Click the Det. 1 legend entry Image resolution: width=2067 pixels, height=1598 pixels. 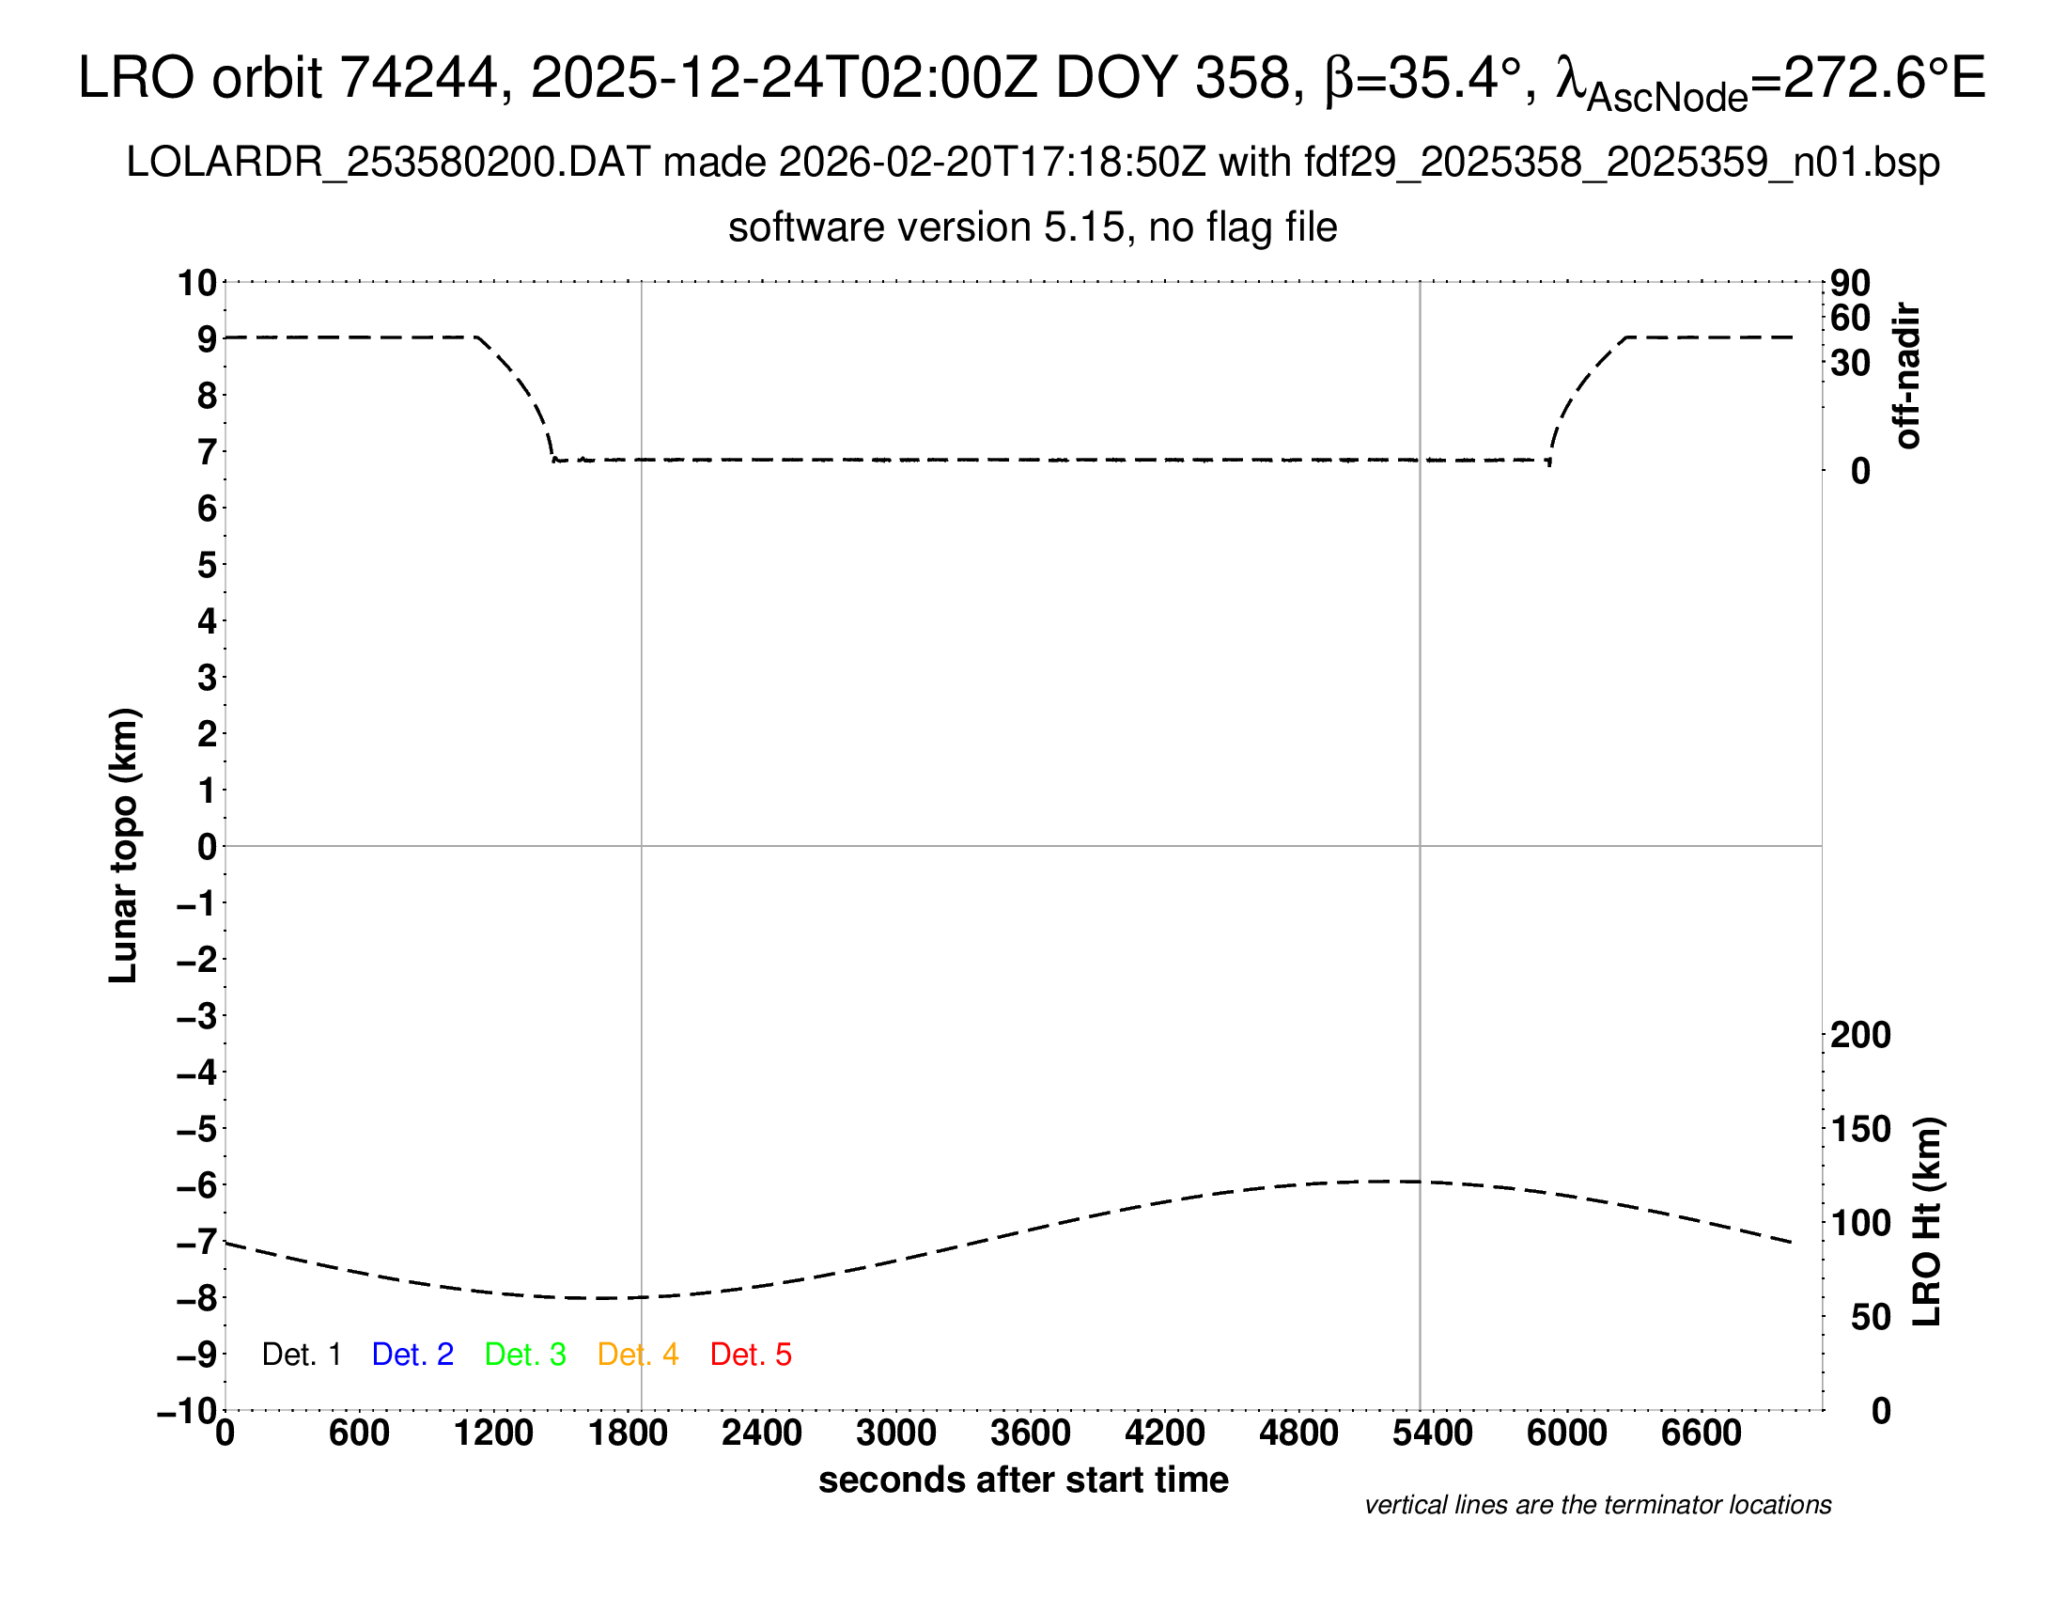301,1355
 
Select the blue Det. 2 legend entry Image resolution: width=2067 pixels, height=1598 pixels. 412,1355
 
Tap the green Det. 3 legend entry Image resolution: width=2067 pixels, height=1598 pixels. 525,1355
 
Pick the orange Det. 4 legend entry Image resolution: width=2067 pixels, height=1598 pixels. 638,1355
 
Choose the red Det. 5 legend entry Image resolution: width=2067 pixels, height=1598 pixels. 751,1355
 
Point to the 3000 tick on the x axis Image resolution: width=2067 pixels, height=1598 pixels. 896,1433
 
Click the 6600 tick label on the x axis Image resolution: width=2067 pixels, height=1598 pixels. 1701,1433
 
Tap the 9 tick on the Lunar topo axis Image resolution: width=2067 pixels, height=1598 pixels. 207,339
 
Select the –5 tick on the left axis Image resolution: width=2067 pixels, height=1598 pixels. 197,1129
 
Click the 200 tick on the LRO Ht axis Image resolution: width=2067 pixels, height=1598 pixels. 1860,1035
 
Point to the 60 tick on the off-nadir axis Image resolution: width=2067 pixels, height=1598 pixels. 1850,318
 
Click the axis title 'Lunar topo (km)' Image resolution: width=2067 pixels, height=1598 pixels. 124,845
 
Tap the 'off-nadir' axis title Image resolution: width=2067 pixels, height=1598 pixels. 1907,376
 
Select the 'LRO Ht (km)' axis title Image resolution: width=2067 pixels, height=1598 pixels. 1927,1222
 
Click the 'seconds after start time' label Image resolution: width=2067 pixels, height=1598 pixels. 1023,1480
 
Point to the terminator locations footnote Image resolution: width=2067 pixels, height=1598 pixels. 1597,1505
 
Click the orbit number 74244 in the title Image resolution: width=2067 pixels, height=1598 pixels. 418,78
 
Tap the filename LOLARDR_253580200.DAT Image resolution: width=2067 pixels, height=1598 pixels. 387,163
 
